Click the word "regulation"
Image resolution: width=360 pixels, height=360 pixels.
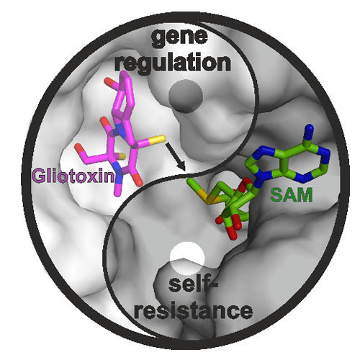pos(173,62)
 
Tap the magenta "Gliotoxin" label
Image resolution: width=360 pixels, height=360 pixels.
pos(73,176)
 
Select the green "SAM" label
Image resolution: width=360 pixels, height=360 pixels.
pos(291,195)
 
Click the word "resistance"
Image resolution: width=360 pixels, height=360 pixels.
pos(194,311)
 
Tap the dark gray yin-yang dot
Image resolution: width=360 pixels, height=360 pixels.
pos(186,96)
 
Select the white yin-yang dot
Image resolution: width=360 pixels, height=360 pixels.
pos(187,258)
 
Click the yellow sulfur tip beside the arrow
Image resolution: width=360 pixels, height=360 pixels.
pos(161,139)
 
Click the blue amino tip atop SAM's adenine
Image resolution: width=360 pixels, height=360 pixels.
pos(310,130)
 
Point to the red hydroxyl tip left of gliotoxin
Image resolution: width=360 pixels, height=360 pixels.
pos(79,148)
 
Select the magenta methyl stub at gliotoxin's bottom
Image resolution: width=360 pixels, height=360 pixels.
pos(118,190)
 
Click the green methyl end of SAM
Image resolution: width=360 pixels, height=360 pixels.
pos(192,184)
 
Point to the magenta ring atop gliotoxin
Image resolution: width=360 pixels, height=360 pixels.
pos(125,96)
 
